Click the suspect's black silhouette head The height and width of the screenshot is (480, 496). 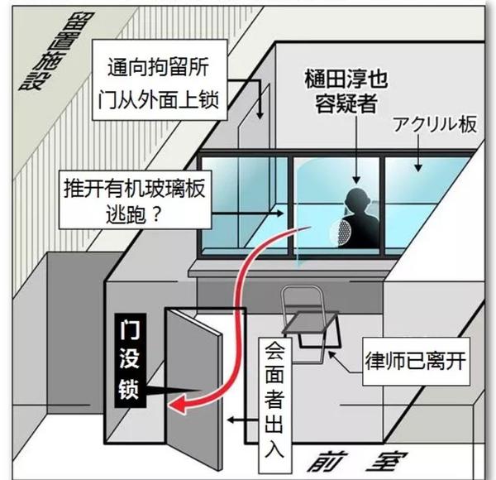(x=356, y=202)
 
